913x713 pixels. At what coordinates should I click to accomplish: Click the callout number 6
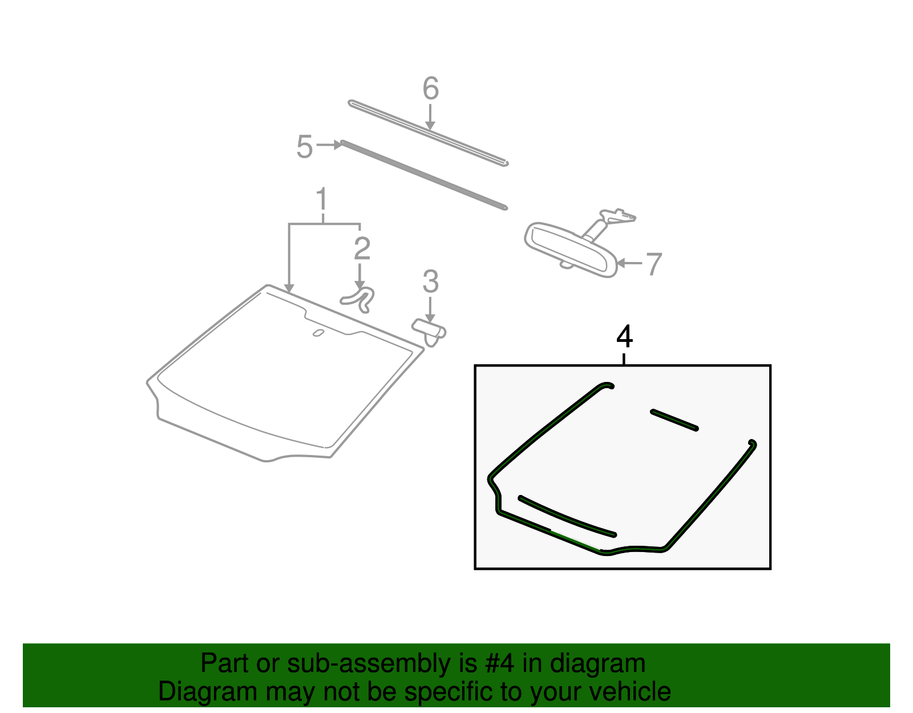click(x=431, y=89)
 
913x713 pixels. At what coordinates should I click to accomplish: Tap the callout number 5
click(x=305, y=147)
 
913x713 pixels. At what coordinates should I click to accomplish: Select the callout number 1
click(x=322, y=200)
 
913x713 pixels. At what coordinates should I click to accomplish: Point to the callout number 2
click(x=362, y=249)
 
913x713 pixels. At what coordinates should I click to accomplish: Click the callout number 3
click(x=431, y=282)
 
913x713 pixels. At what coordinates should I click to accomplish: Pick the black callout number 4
click(x=625, y=337)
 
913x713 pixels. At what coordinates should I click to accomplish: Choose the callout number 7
click(x=653, y=264)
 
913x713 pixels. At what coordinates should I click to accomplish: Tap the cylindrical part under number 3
click(x=430, y=331)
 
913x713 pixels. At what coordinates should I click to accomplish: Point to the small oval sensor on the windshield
click(x=318, y=333)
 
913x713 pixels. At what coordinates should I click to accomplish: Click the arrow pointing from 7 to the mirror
click(x=629, y=263)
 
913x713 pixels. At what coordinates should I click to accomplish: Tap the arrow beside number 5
click(x=330, y=145)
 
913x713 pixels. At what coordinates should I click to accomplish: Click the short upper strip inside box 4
click(x=674, y=420)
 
